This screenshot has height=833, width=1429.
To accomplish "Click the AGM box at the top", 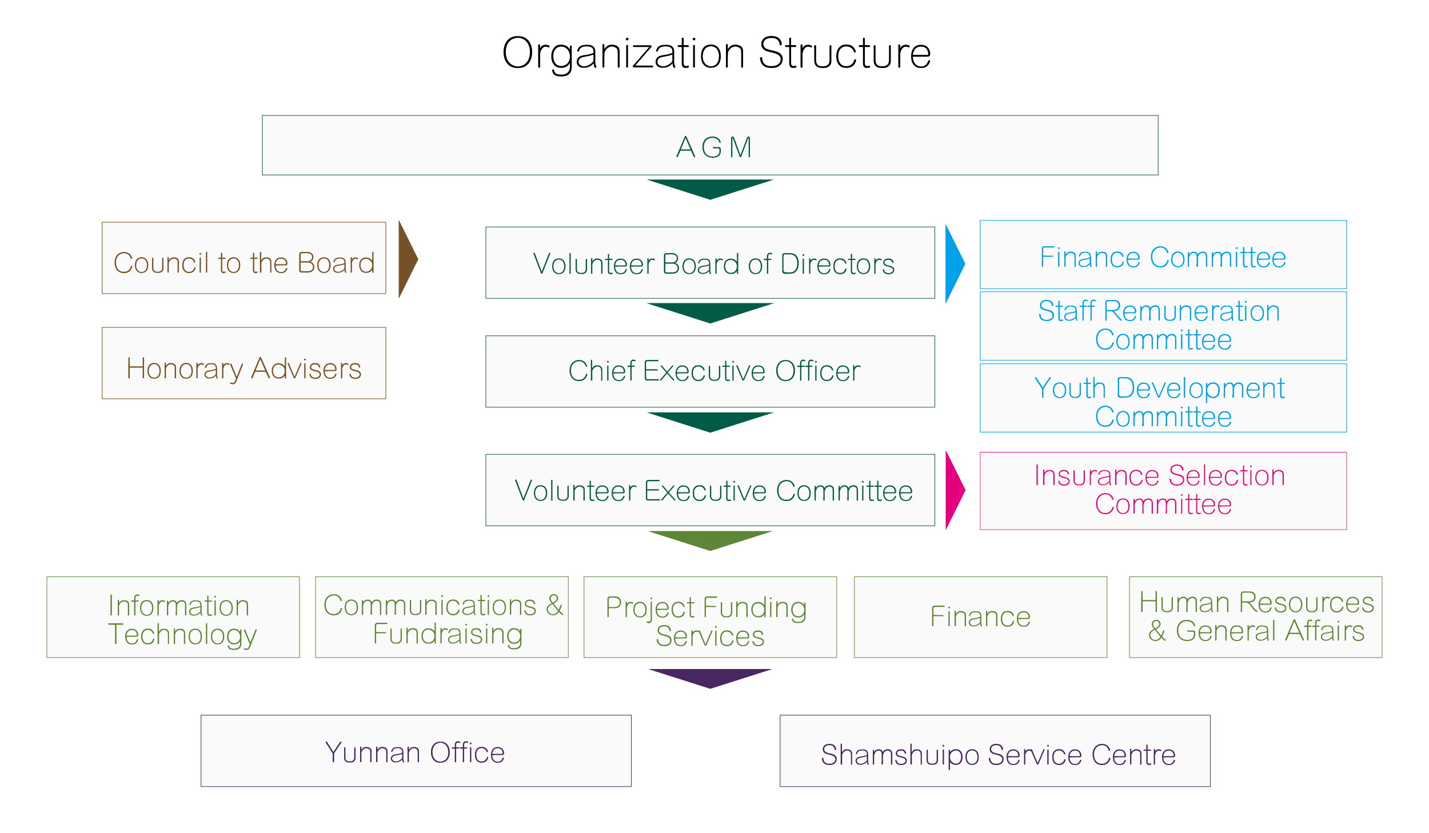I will click(710, 145).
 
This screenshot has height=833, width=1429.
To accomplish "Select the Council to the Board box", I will click(244, 258).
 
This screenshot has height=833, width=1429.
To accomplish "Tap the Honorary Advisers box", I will click(244, 363).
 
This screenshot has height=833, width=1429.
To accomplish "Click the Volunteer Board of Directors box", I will click(710, 263).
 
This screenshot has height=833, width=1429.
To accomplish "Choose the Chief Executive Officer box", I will click(710, 371).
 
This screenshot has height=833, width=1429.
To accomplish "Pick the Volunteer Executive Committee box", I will click(710, 490).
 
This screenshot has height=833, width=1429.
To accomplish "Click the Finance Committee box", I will click(1163, 255).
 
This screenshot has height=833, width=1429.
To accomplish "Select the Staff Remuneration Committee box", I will click(1163, 326).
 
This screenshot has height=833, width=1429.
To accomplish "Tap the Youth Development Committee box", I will click(1163, 398).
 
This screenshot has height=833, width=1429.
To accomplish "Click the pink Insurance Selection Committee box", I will click(1163, 491).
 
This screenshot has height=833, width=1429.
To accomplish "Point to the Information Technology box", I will click(173, 617).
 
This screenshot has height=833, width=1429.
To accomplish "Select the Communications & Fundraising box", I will click(442, 617).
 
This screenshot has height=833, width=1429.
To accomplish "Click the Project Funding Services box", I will click(710, 617).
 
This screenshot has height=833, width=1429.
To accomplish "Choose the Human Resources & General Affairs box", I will click(1255, 617).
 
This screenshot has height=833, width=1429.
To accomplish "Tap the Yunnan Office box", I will click(416, 751).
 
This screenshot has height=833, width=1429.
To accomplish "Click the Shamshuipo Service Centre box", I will click(995, 751).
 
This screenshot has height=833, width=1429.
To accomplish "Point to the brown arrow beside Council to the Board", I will click(406, 259).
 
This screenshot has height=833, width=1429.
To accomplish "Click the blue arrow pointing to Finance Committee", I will click(953, 263).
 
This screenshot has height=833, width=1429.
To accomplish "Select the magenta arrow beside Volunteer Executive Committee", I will click(953, 490).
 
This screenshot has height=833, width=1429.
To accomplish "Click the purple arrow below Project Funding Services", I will click(710, 677).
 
